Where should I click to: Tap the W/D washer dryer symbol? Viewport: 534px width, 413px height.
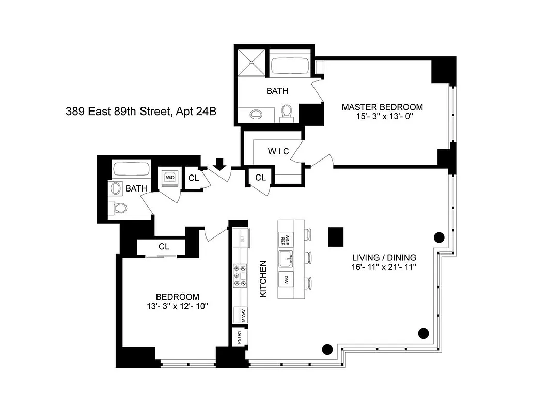pos(170,177)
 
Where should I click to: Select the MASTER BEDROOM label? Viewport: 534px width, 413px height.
pos(382,107)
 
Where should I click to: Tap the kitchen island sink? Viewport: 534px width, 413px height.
pos(286,258)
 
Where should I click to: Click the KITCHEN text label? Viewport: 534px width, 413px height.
pos(262,279)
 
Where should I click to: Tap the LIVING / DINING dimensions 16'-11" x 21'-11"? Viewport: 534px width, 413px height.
pos(384,267)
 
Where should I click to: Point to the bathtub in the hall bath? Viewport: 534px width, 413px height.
pos(131,170)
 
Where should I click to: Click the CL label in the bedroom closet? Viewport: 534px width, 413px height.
pos(164,247)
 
